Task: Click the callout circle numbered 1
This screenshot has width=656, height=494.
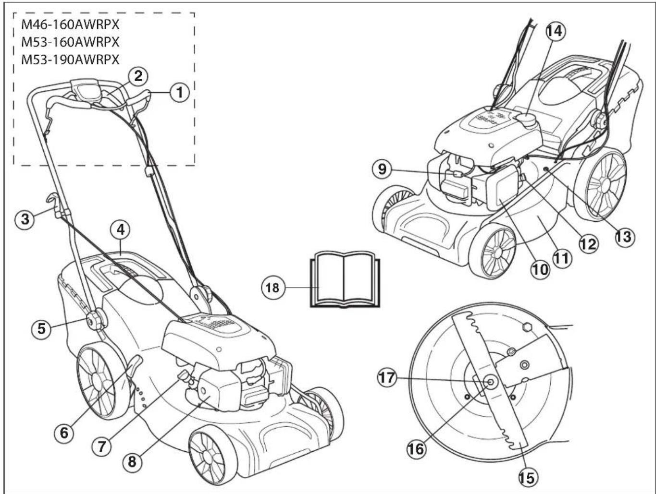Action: pos(180,91)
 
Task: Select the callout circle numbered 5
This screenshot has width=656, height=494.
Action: pos(42,329)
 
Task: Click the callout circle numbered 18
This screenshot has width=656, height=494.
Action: pos(272,288)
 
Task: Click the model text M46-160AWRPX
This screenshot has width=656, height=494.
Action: pos(70,25)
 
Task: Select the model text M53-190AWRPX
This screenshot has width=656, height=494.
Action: pos(70,60)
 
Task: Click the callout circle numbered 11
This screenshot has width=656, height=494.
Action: pos(561,258)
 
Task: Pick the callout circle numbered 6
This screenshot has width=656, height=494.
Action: pos(64,433)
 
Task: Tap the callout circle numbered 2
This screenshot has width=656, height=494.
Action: pos(138,75)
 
